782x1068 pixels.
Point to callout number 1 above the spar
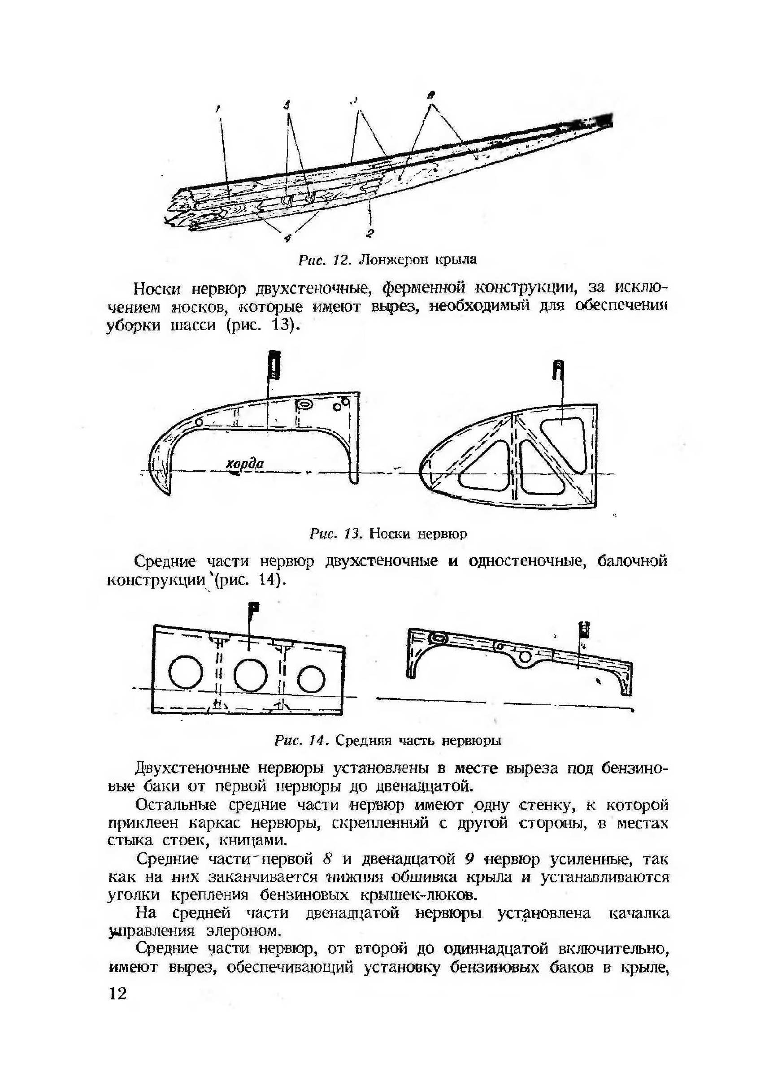(218, 109)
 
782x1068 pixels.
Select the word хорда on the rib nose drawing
(245, 464)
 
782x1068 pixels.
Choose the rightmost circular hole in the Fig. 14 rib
(311, 680)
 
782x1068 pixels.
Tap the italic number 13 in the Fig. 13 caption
(354, 534)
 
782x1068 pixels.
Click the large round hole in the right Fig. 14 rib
(525, 656)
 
